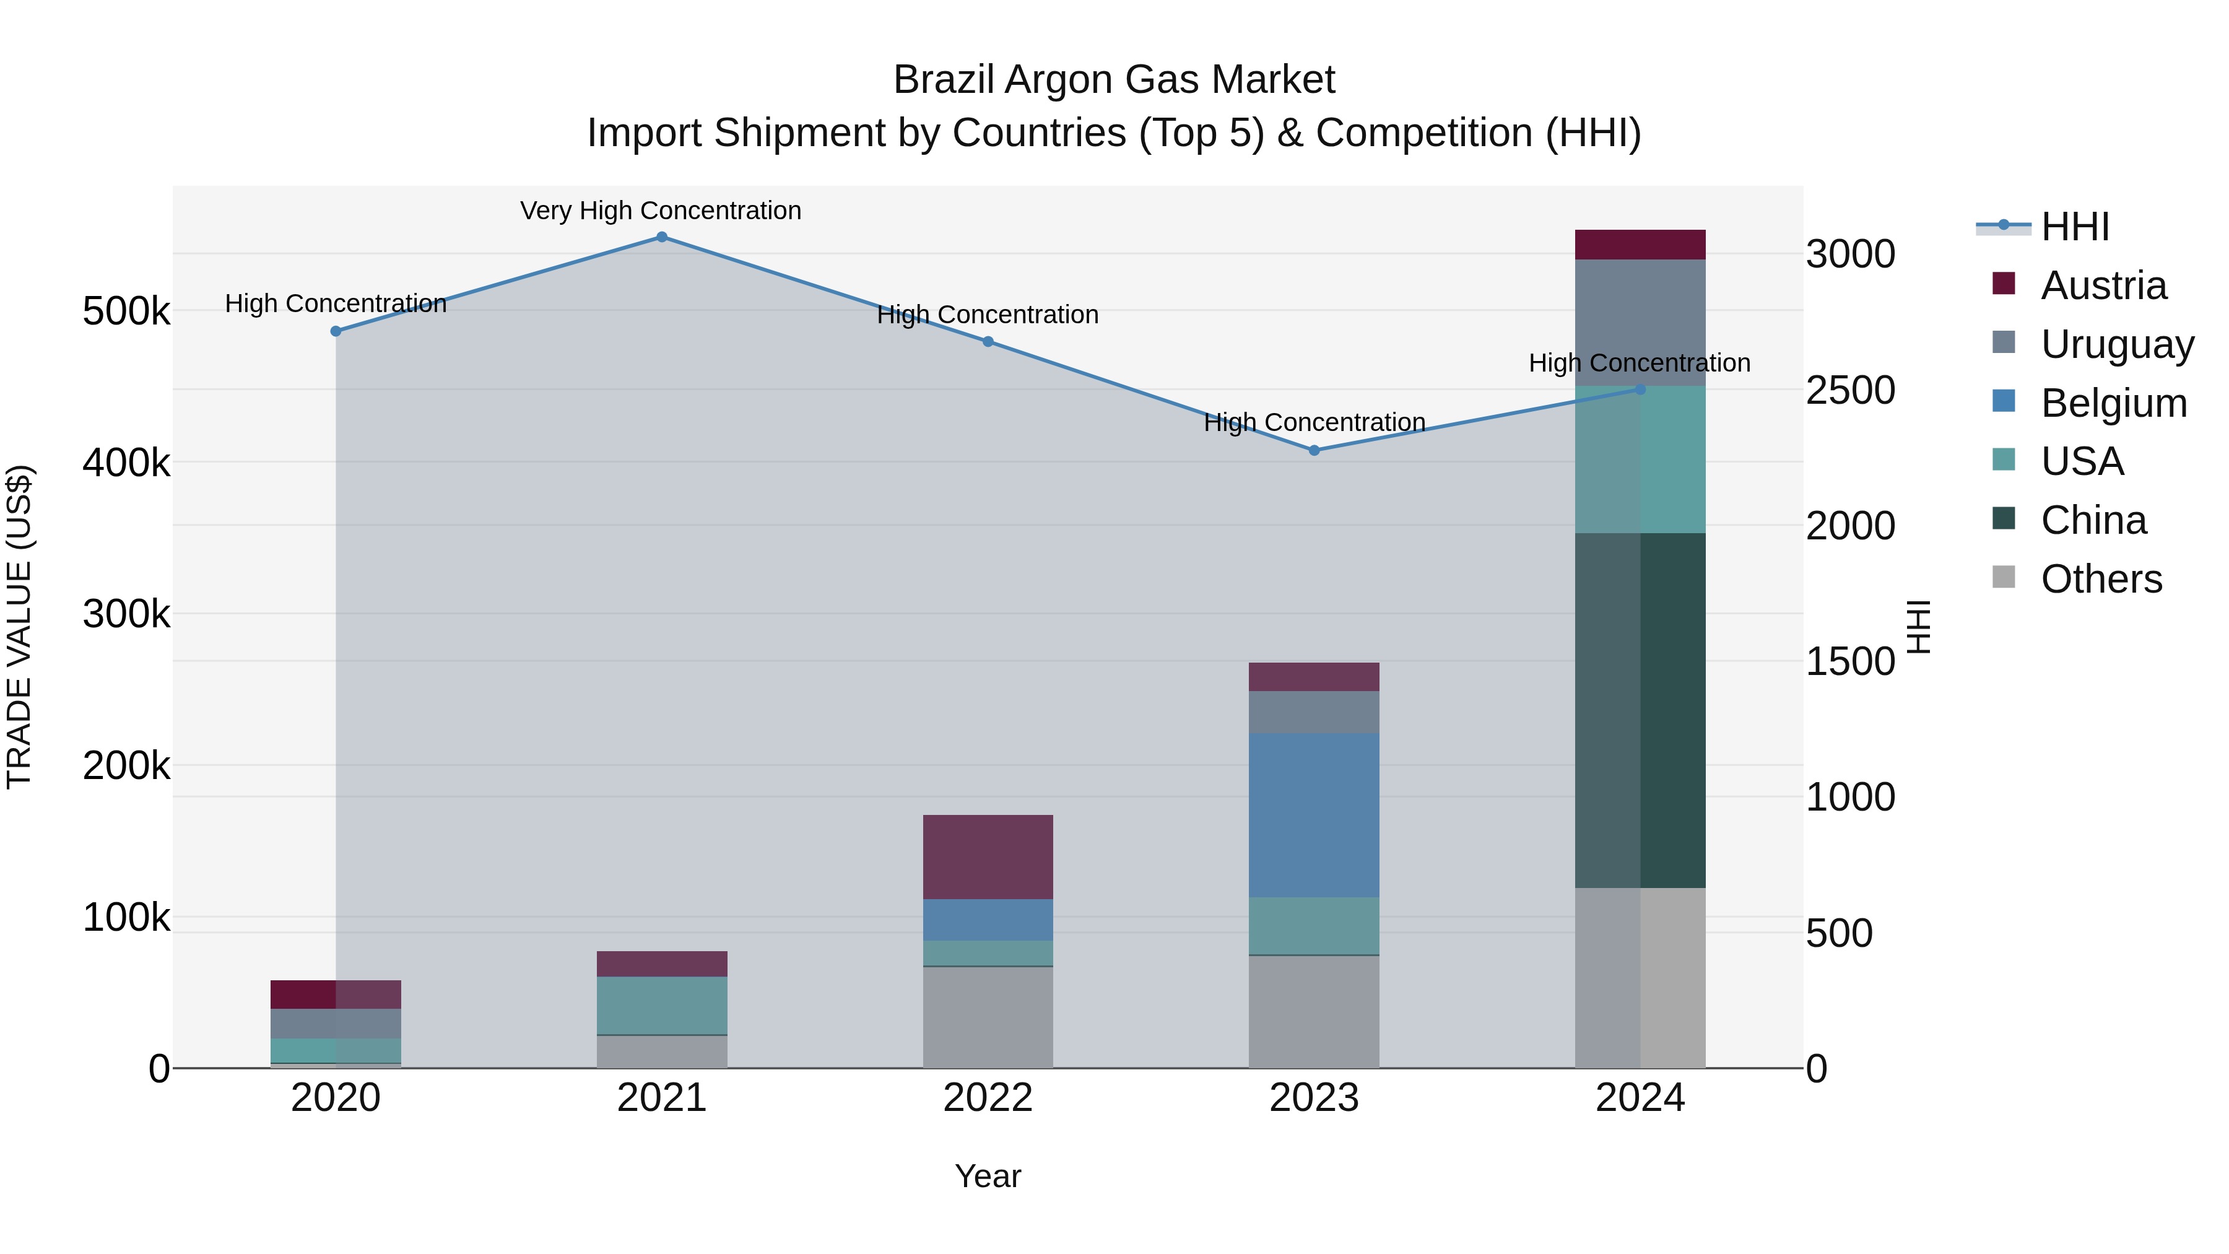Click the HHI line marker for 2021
[x=662, y=237]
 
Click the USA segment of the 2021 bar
[x=662, y=1005]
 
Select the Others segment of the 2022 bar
[x=988, y=1017]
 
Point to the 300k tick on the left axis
[x=126, y=614]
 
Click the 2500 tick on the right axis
[x=1850, y=390]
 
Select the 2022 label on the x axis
[x=988, y=1098]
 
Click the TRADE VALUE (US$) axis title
[x=19, y=627]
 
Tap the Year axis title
[x=988, y=1176]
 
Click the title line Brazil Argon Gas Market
[x=1114, y=80]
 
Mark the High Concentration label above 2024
[x=1639, y=363]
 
